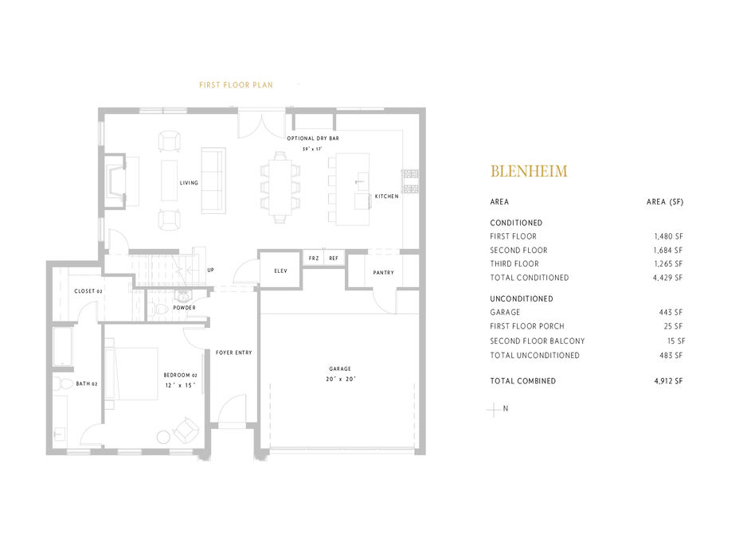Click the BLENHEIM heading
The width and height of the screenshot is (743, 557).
[529, 171]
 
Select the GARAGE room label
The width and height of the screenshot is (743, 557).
[340, 368]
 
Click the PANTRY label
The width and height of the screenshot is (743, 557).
[383, 273]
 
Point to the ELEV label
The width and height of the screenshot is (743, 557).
[280, 271]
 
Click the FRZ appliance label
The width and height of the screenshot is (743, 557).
[314, 259]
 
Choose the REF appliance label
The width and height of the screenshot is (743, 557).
[333, 259]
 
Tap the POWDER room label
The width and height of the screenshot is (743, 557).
[184, 308]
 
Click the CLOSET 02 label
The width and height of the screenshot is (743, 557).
[88, 291]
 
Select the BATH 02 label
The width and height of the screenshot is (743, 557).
[87, 384]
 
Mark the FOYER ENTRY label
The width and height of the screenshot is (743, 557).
[233, 353]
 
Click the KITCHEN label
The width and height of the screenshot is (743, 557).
[386, 196]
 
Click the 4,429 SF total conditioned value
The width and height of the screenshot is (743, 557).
[667, 278]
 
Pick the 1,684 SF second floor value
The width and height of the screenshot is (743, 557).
[667, 251]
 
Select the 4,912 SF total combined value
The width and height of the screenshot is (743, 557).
[667, 381]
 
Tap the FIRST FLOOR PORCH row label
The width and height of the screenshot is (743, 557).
[527, 327]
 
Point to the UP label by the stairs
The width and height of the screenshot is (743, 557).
[210, 270]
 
